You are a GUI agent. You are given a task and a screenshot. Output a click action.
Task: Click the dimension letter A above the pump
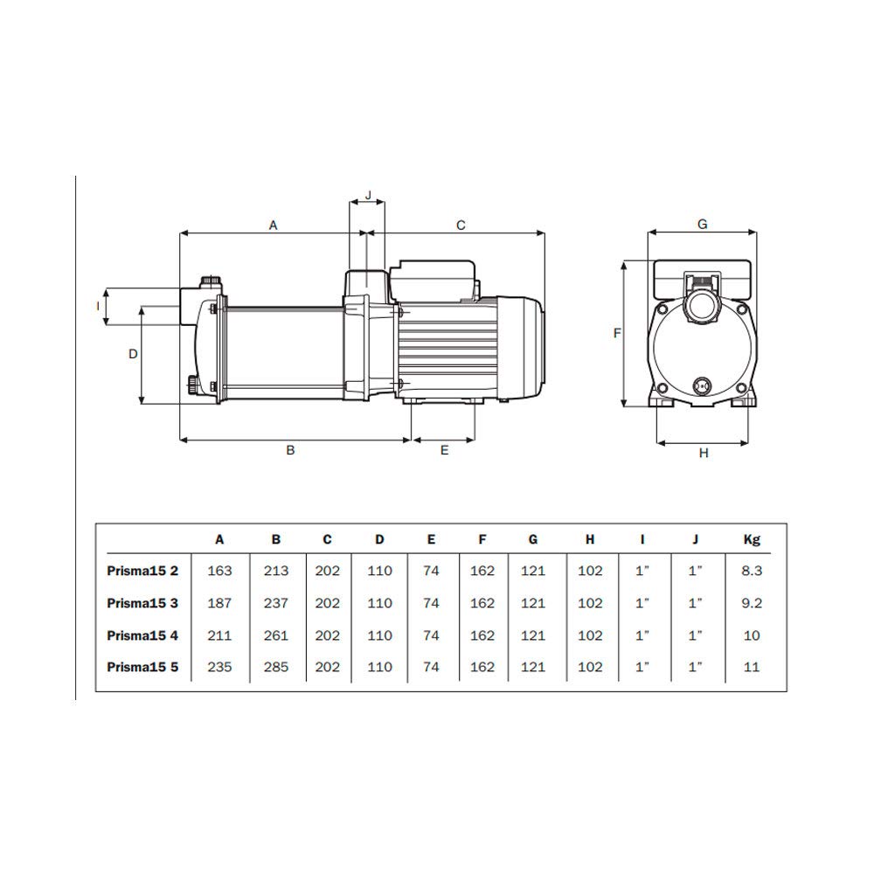click(x=273, y=225)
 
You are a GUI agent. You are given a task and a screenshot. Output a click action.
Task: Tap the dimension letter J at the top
click(x=368, y=196)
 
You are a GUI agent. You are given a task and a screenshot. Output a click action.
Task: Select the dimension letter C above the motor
click(x=461, y=225)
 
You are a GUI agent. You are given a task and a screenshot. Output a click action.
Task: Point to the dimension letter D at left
click(x=133, y=354)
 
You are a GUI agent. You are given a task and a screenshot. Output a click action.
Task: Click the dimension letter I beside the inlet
click(x=98, y=306)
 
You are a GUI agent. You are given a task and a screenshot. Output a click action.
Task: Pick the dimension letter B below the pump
click(x=290, y=450)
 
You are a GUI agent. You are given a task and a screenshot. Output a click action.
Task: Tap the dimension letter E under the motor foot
click(x=444, y=450)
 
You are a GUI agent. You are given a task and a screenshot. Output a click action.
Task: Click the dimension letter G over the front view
click(x=703, y=224)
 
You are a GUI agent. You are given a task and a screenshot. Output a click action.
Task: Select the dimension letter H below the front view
click(x=704, y=453)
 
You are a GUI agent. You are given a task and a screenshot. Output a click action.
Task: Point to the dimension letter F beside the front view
click(x=617, y=333)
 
